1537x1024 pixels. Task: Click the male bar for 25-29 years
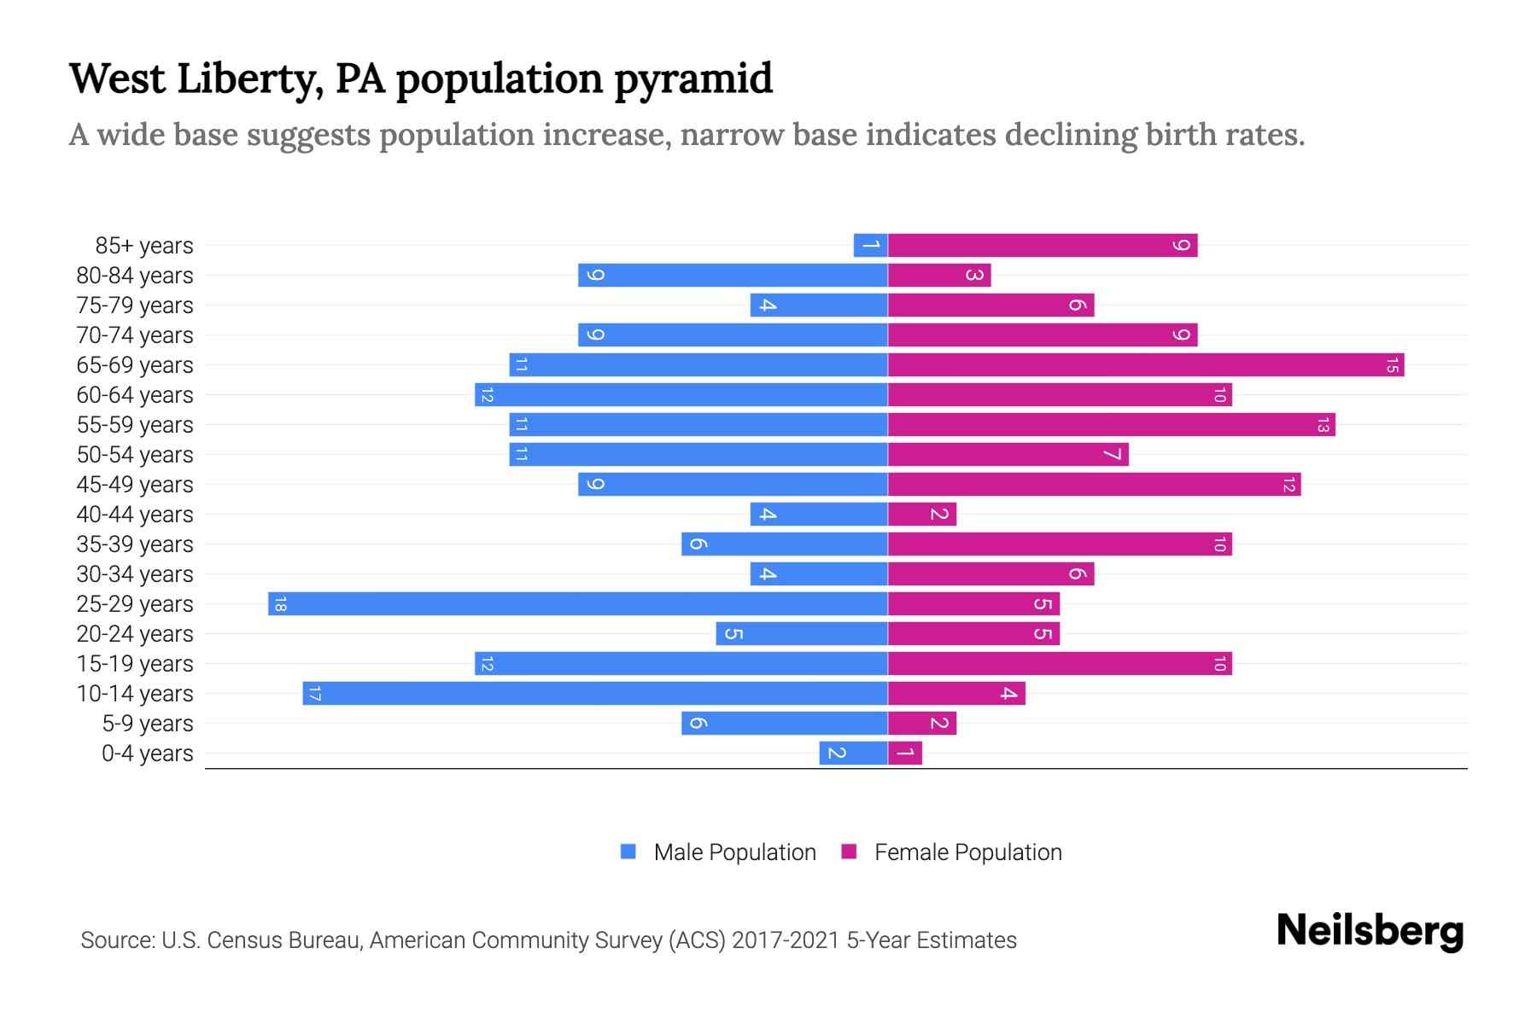tap(578, 604)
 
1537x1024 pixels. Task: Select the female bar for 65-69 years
tap(1146, 365)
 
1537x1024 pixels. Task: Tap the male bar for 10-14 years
tap(595, 694)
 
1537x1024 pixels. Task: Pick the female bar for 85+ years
tap(1043, 246)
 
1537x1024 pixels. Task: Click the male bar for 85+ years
tap(870, 246)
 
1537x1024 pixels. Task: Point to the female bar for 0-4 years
tap(905, 753)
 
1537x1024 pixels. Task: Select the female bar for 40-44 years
tap(922, 515)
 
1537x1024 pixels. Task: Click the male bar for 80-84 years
tap(733, 276)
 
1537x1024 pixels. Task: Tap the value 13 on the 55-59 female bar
tap(1323, 425)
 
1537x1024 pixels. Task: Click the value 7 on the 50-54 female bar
tap(1112, 455)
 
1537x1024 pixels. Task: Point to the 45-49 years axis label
tap(135, 485)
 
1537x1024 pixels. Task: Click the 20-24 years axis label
tap(135, 634)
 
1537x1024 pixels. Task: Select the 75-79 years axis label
tap(135, 305)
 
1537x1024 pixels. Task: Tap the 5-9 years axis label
tap(147, 724)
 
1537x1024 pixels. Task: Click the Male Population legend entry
tap(733, 852)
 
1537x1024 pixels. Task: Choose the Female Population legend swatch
tap(849, 852)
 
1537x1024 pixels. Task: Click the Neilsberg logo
tap(1370, 931)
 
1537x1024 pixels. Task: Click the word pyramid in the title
tap(693, 79)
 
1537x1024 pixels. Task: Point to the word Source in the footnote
tap(117, 940)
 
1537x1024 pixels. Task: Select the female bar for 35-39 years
tap(1060, 544)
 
